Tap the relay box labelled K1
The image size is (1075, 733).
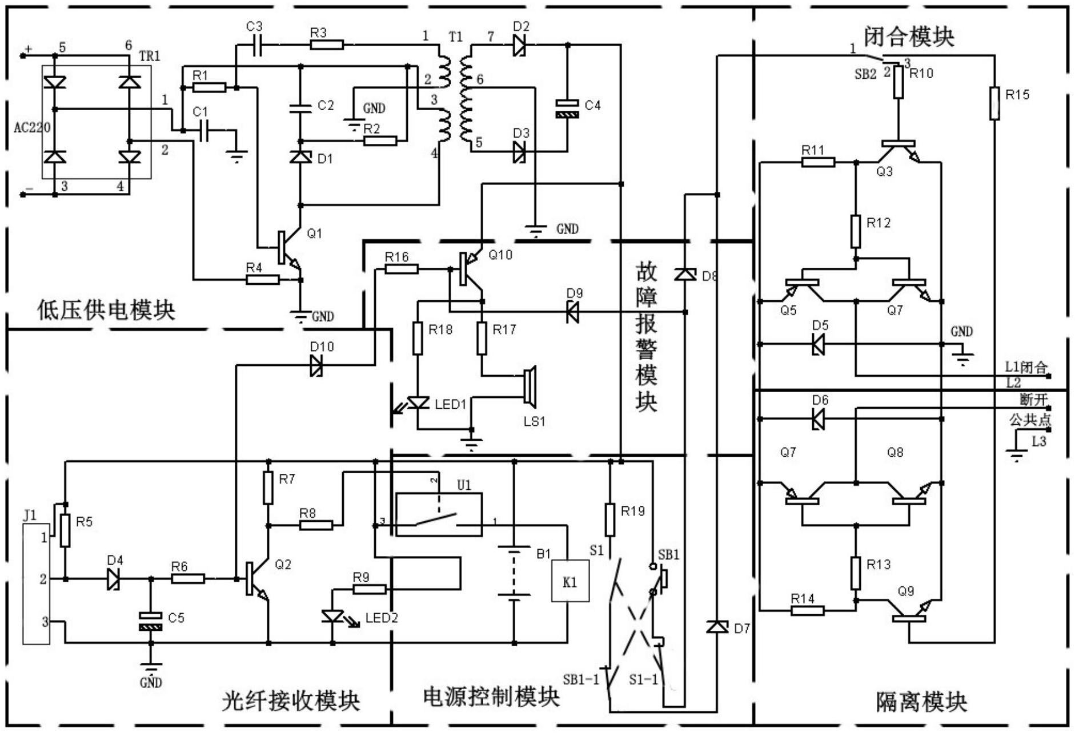[x=569, y=581]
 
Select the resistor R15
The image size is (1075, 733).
[x=994, y=103]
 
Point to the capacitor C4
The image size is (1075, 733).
[x=567, y=108]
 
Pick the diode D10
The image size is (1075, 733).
[x=316, y=365]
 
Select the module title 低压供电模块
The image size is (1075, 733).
[x=106, y=310]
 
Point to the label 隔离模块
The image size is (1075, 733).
[x=921, y=702]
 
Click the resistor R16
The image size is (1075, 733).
[x=401, y=269]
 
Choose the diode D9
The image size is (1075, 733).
[x=572, y=312]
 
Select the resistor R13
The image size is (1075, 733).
[x=855, y=573]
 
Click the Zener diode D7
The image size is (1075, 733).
[x=717, y=627]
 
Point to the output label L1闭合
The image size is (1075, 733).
[x=1026, y=367]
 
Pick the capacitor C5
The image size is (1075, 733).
[x=151, y=622]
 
